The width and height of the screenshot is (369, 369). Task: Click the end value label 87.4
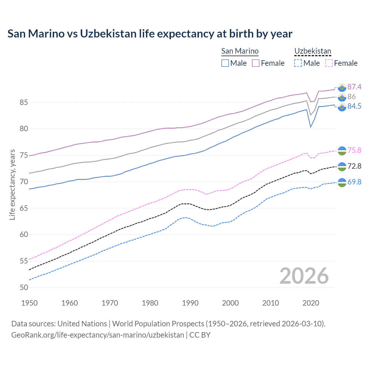(354, 87)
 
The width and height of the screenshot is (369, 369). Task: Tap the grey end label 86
(351, 97)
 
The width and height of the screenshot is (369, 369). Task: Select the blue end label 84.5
(354, 106)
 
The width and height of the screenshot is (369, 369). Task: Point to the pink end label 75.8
(354, 150)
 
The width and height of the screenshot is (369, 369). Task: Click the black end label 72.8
(354, 166)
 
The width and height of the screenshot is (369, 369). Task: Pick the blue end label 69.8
(354, 182)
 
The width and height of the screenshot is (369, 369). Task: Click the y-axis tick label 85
(24, 102)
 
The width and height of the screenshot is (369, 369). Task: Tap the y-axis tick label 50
(24, 287)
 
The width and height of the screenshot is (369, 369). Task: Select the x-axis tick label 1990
(190, 303)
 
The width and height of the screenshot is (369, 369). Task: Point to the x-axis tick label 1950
(29, 303)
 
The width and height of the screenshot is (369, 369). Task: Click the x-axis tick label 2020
(311, 303)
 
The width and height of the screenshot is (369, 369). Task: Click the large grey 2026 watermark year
(304, 276)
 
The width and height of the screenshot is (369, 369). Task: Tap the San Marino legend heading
(240, 51)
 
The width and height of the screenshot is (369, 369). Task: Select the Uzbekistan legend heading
(313, 51)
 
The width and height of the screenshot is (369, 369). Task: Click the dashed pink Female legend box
(329, 63)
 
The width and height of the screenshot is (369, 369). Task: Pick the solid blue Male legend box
(225, 63)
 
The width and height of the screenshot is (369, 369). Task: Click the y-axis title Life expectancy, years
(12, 184)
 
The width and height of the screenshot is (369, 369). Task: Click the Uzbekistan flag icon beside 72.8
(342, 166)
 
